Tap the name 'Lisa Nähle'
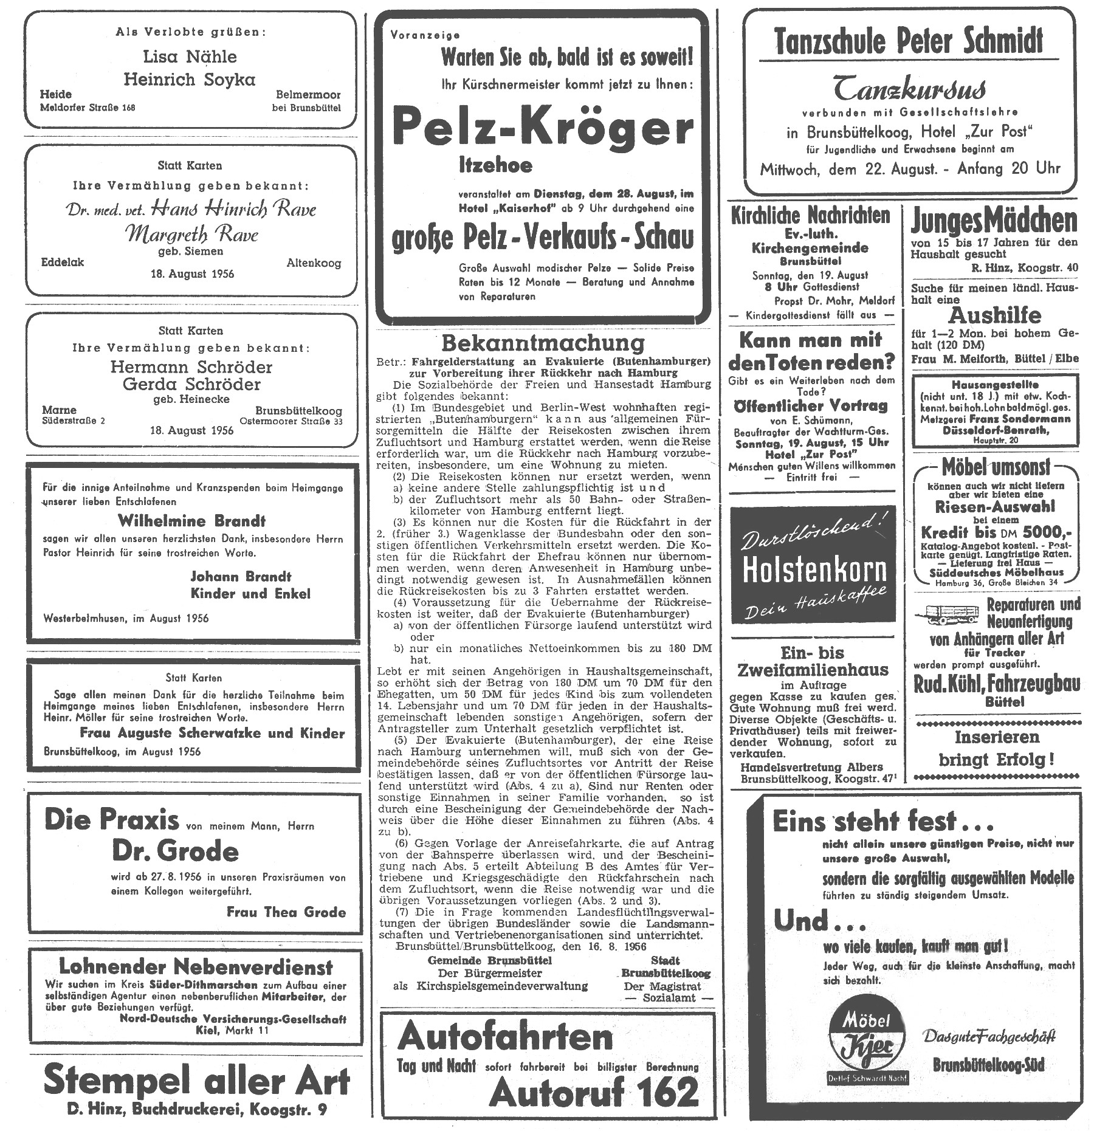[190, 57]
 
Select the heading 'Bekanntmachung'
[543, 343]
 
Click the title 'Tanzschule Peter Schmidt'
[909, 41]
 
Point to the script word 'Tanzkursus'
[909, 88]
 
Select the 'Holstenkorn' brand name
[814, 571]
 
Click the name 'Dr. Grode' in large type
[175, 851]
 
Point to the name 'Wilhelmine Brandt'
[191, 521]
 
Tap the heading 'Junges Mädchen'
[994, 221]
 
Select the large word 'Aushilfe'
[994, 315]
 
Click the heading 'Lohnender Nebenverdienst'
[196, 966]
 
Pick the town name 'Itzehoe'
[495, 165]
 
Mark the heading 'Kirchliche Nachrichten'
[811, 215]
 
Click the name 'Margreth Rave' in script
[191, 234]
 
